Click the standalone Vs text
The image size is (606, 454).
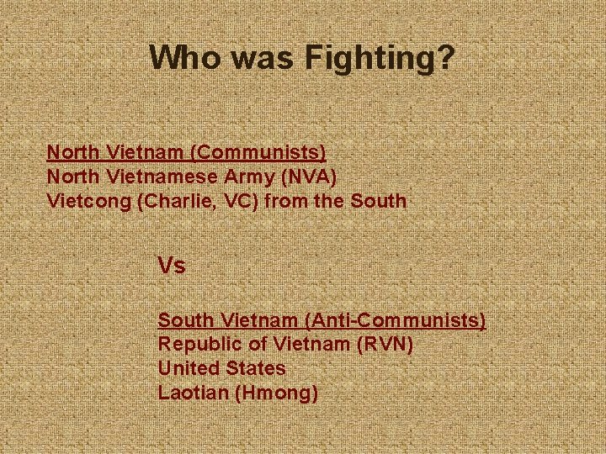point(172,267)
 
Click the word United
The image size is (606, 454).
point(189,368)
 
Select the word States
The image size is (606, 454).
point(255,368)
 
